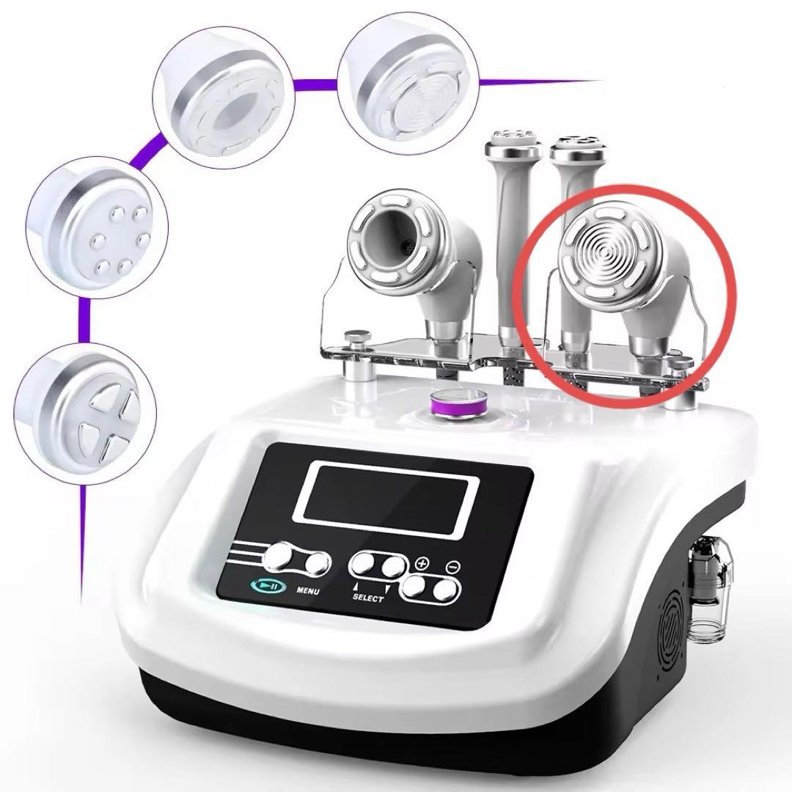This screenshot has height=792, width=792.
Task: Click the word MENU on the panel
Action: [x=307, y=590]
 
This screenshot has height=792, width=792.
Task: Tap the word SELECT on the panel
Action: [x=367, y=598]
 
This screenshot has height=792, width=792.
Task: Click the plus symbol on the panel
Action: [x=422, y=562]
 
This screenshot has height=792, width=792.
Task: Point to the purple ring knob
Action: [x=459, y=406]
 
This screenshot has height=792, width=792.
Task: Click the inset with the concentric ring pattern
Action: [x=408, y=84]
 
